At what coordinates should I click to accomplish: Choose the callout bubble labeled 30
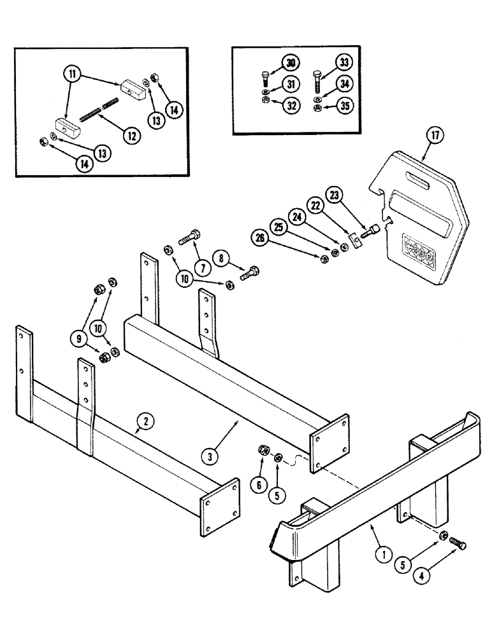coord(291,63)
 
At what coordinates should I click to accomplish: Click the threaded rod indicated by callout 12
coord(99,111)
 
